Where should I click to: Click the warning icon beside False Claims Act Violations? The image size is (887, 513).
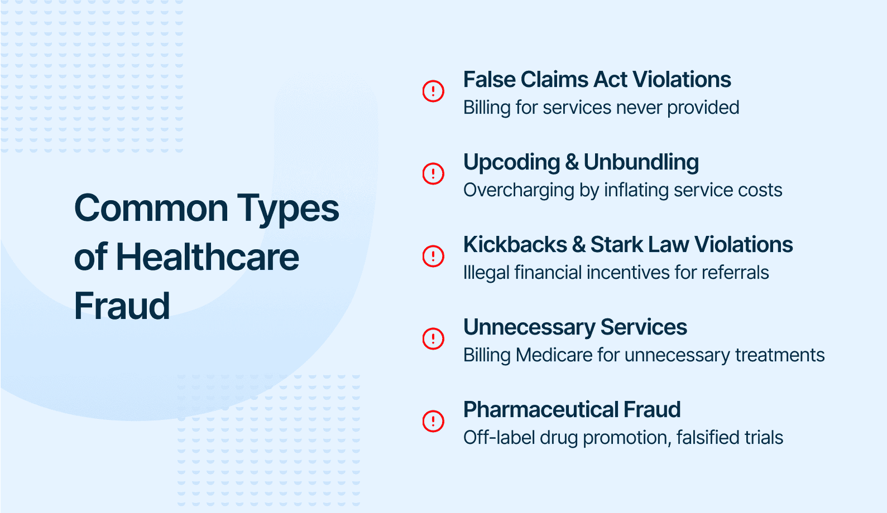point(433,91)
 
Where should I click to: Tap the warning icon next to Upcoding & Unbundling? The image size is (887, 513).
point(433,173)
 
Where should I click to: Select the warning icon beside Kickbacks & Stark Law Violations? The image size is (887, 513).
point(433,256)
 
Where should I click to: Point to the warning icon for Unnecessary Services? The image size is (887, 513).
point(433,338)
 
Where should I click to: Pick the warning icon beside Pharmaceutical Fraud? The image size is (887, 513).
point(433,421)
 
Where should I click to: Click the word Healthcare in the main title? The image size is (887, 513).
point(208,257)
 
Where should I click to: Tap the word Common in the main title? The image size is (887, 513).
point(151,209)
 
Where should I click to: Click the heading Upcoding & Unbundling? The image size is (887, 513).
point(581,163)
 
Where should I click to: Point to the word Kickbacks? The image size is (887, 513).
point(515,244)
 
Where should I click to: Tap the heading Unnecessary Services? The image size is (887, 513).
point(575,328)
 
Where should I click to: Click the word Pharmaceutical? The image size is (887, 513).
point(540,410)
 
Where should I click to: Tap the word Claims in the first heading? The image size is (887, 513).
point(554,80)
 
